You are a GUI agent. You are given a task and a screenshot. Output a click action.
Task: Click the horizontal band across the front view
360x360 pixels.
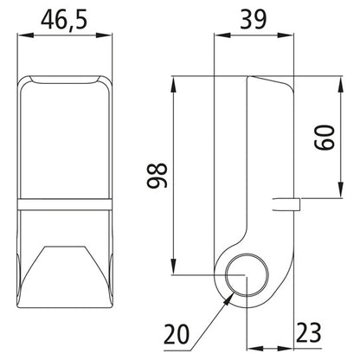66,206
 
